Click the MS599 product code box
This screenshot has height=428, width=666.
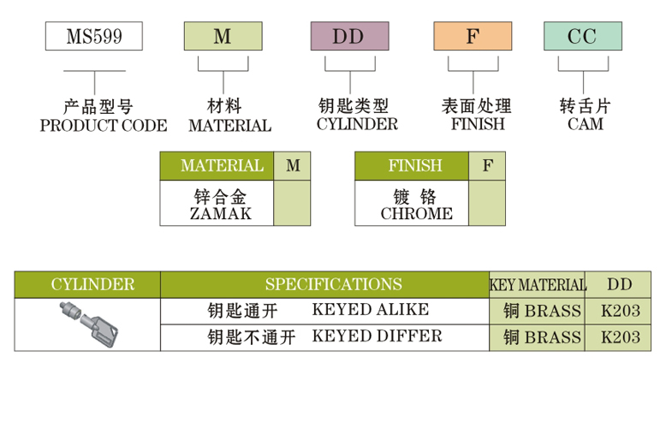click(x=94, y=36)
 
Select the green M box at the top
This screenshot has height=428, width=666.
click(x=223, y=36)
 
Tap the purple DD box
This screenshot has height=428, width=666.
click(x=348, y=36)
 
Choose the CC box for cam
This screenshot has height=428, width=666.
click(x=582, y=36)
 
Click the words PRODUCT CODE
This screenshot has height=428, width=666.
click(x=104, y=126)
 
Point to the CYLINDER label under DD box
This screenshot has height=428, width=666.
click(x=357, y=125)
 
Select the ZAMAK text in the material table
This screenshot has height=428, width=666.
click(x=220, y=214)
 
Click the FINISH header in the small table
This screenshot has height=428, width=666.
click(x=412, y=166)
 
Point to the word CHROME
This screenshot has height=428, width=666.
click(x=417, y=214)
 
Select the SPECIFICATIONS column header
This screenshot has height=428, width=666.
click(x=333, y=284)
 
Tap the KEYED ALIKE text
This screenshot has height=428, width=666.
click(x=371, y=310)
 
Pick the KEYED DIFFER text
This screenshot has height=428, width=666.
click(x=377, y=336)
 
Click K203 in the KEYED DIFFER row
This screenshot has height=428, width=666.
click(x=620, y=337)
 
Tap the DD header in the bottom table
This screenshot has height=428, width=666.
click(x=620, y=284)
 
